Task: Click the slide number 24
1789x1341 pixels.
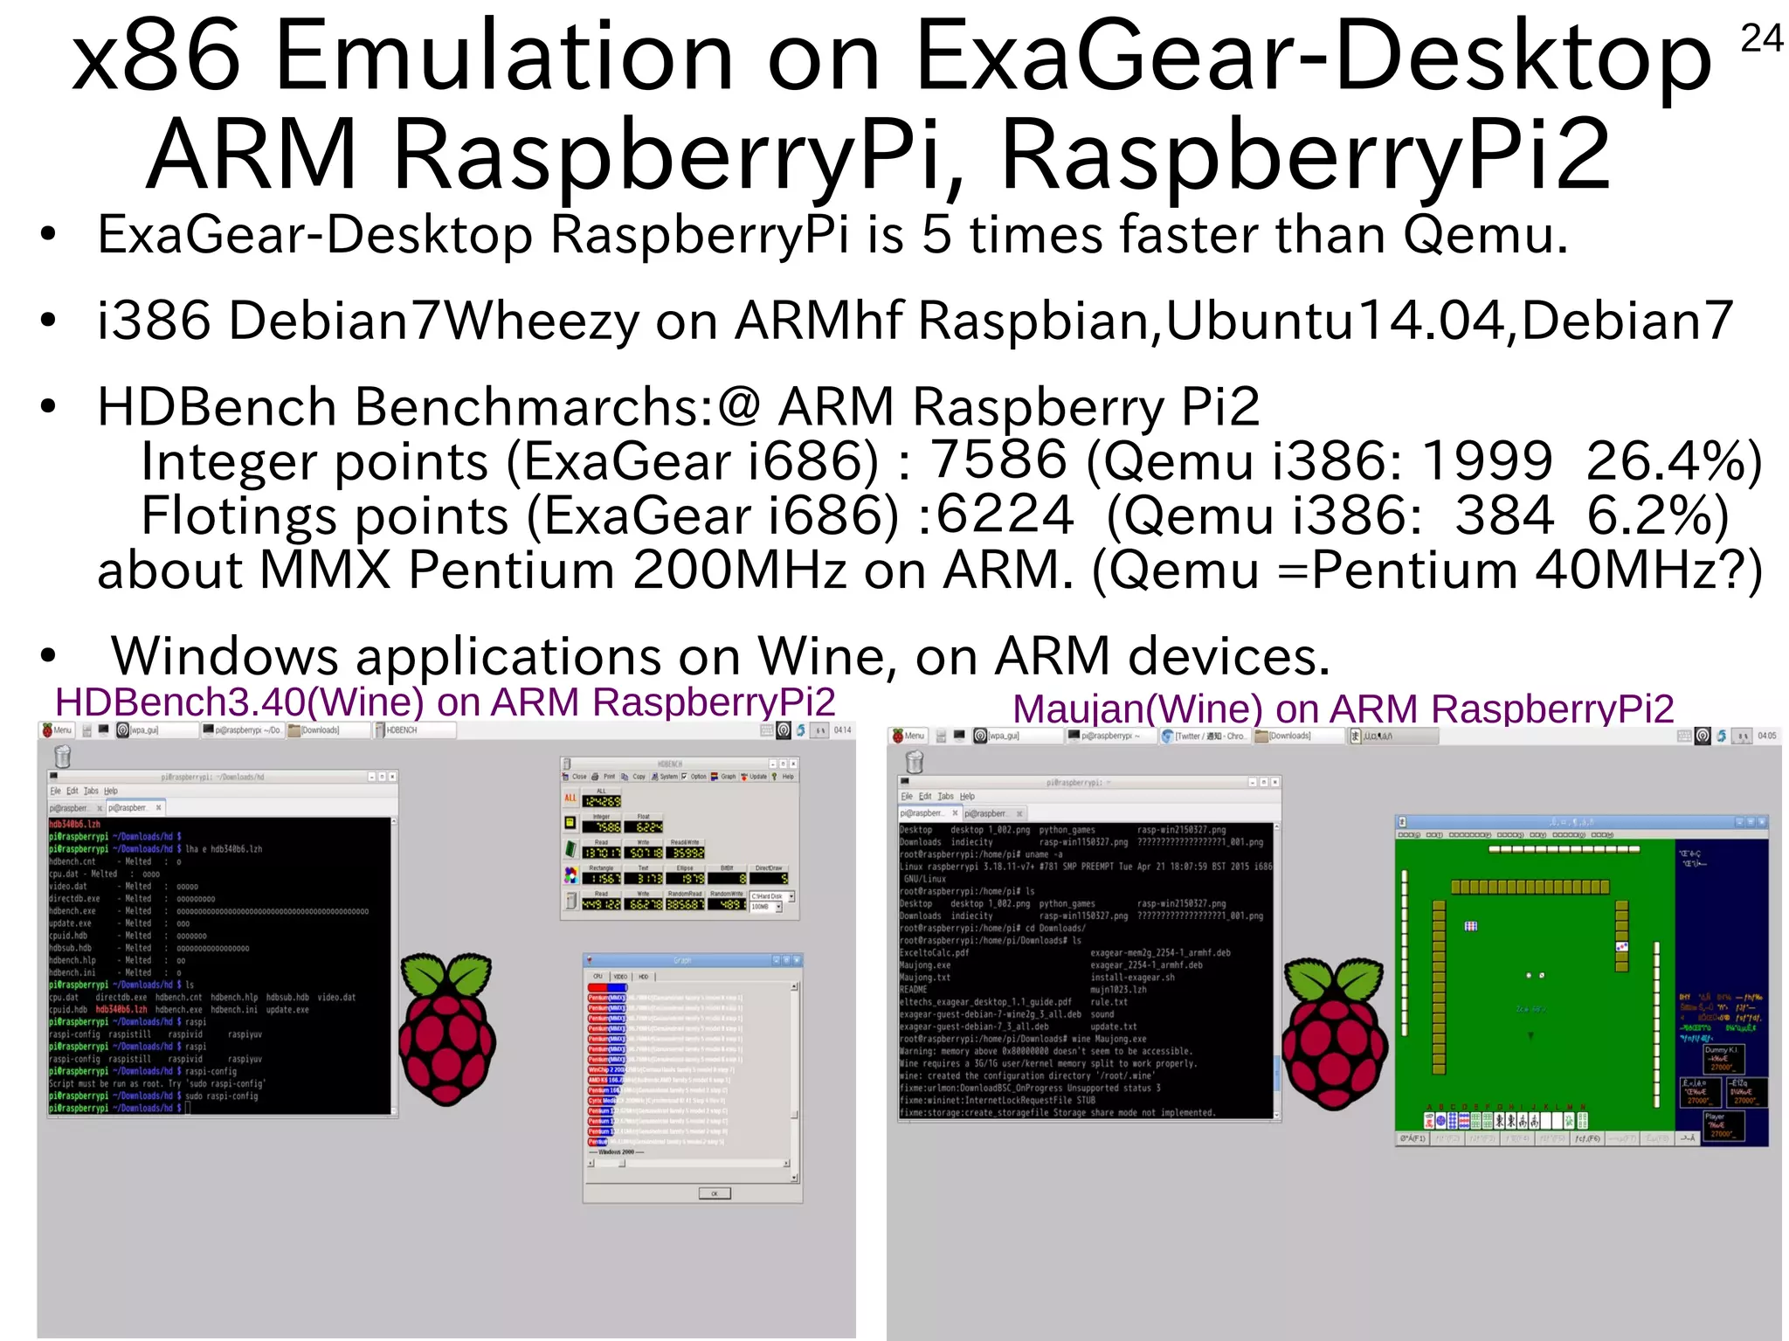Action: pos(1760,38)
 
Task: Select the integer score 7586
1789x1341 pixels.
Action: pos(998,460)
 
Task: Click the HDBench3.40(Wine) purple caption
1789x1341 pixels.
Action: pos(445,702)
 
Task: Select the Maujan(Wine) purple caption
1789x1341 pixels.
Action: pos(1343,709)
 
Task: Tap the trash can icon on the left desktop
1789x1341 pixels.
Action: pos(62,757)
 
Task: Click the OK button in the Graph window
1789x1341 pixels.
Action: pos(714,1193)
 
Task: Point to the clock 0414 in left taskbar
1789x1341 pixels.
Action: pos(842,730)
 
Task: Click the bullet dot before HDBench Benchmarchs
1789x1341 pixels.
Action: pos(48,406)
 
